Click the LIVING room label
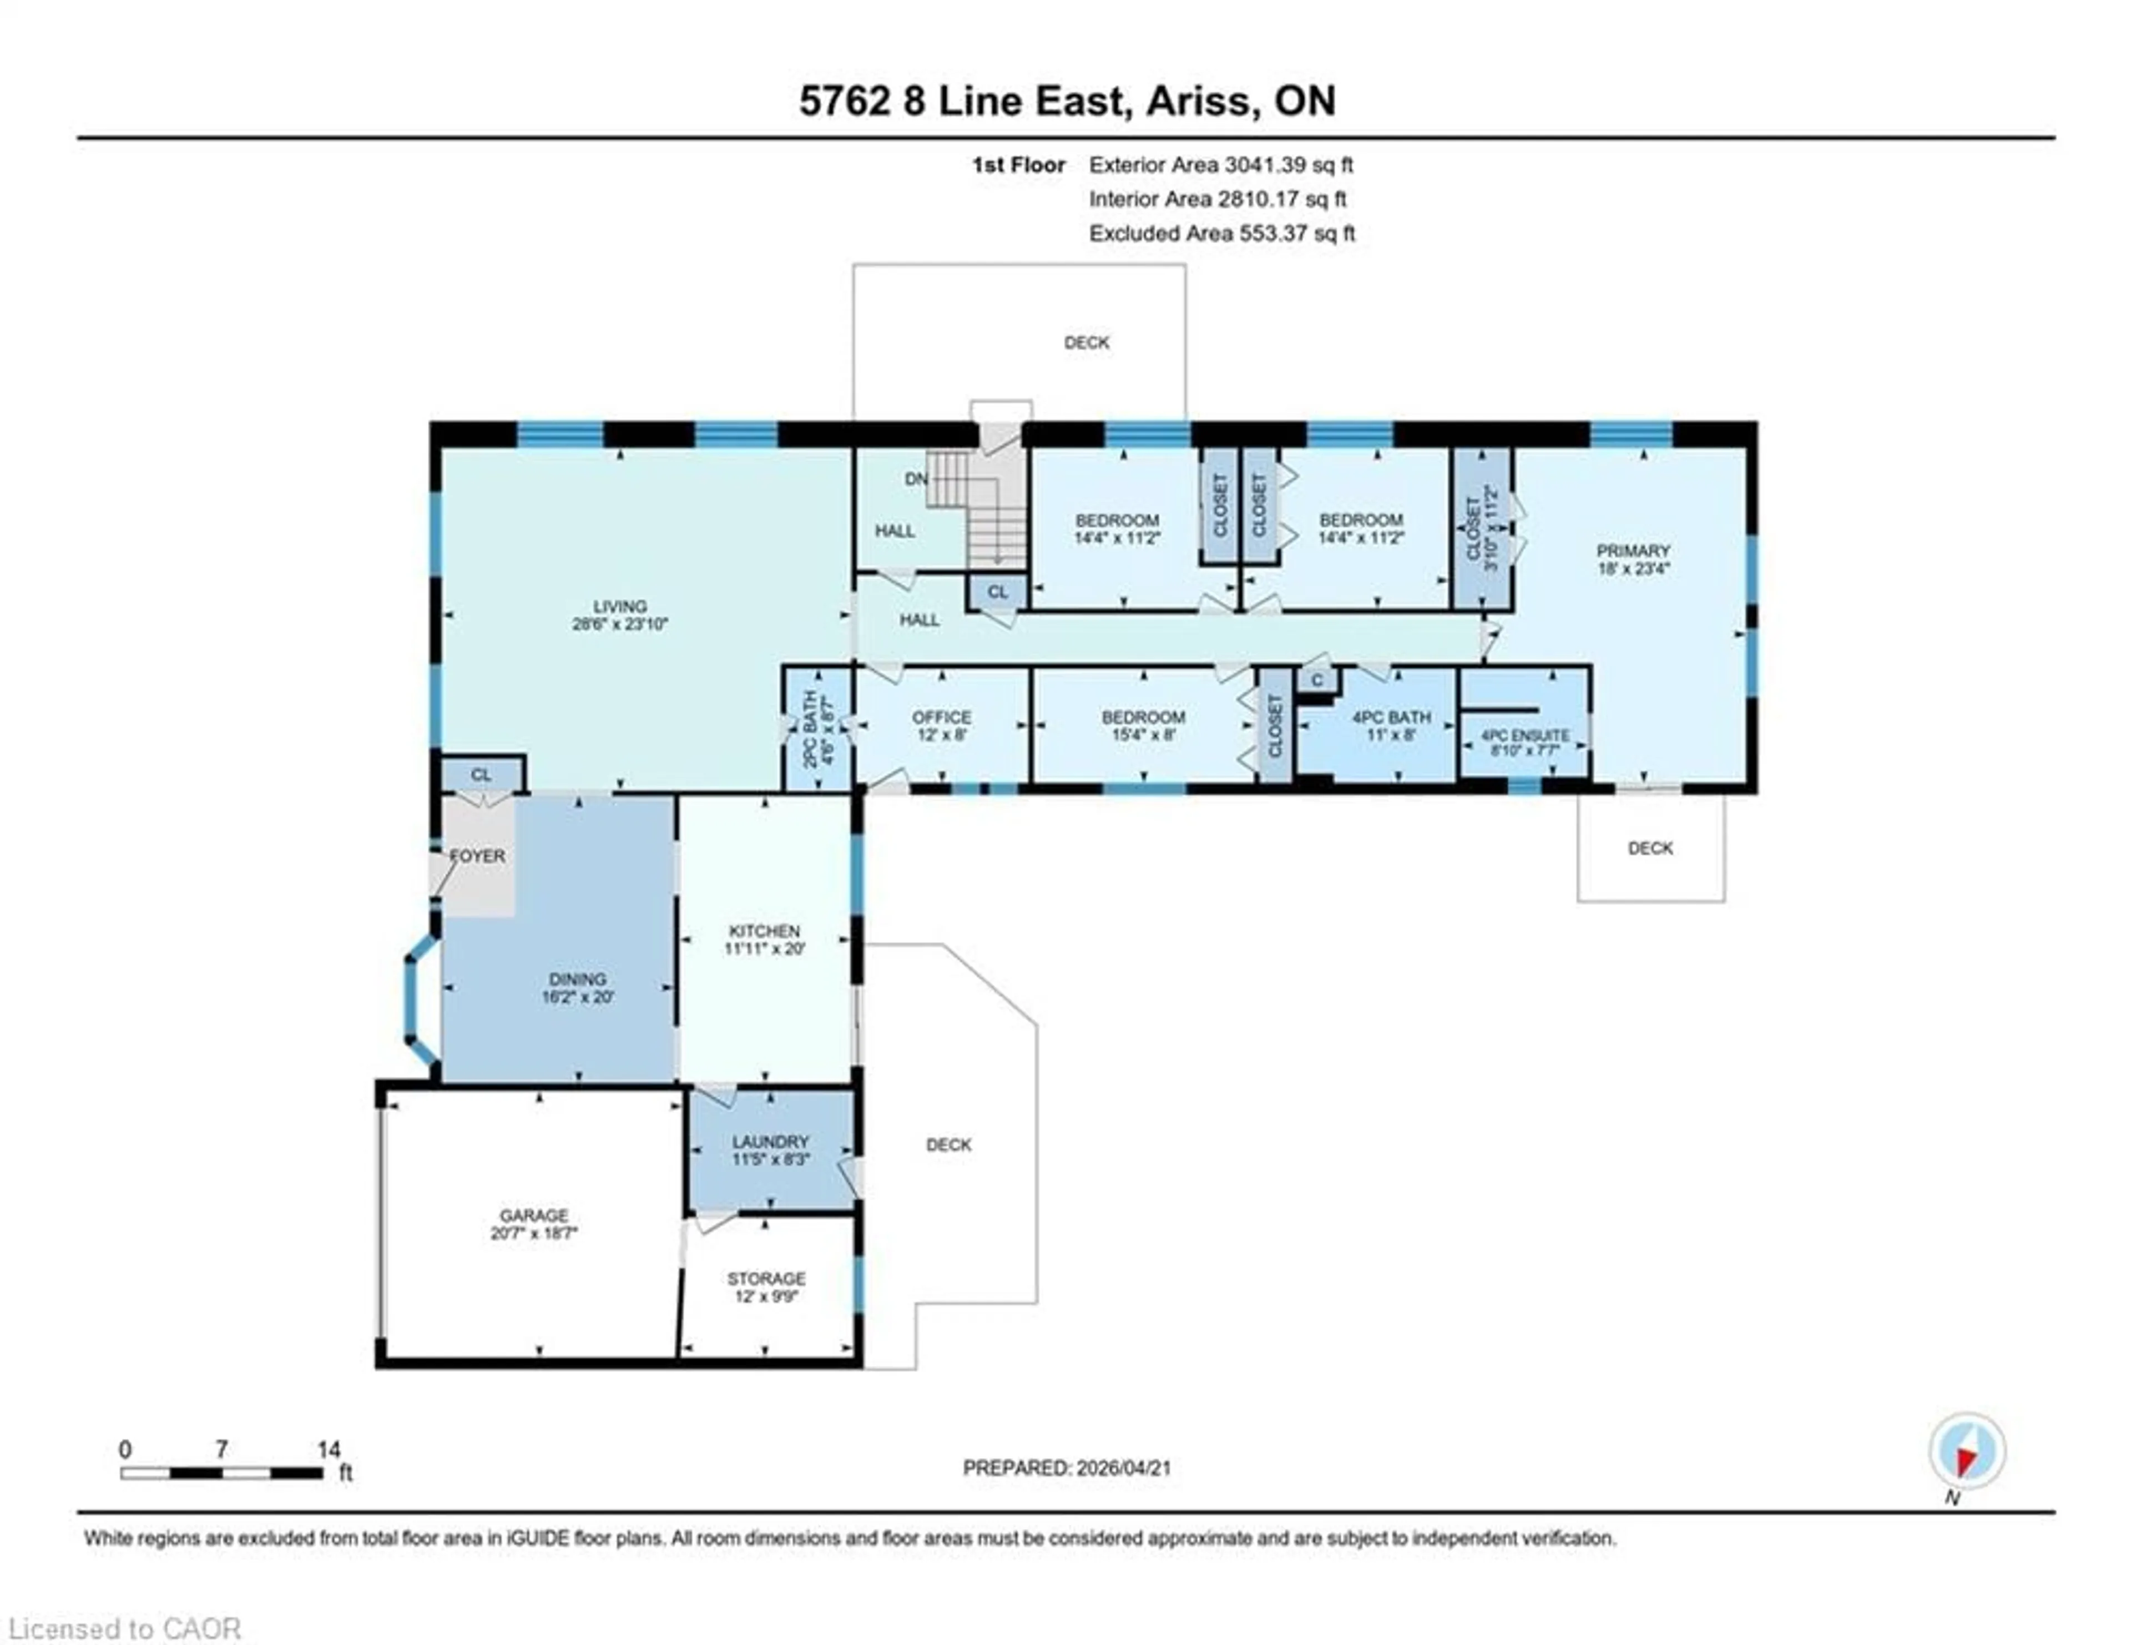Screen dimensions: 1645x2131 pos(619,606)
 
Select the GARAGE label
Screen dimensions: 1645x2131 pos(534,1215)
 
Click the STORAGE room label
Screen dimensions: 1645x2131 pos(766,1278)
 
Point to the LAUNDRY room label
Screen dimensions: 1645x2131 pos(770,1142)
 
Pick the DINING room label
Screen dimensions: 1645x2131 pos(578,978)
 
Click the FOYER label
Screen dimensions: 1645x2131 pos(477,856)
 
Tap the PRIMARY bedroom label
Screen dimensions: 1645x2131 pos(1633,551)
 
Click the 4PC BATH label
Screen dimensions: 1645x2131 pos(1391,717)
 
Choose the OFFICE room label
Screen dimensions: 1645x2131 pos(942,717)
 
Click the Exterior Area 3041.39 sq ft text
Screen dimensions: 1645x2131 pos(1221,165)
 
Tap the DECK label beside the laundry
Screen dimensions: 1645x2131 pos(948,1144)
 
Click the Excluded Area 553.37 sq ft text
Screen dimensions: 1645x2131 pos(1221,233)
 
